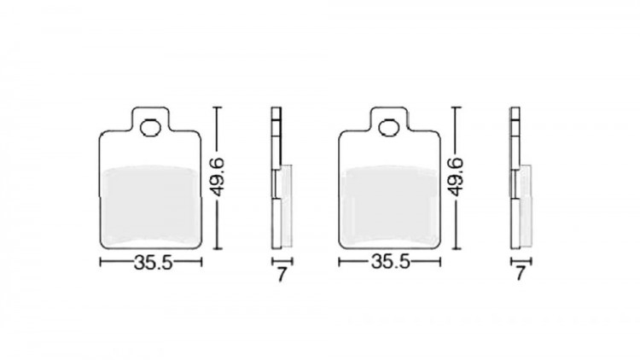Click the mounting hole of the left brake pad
coord(150,128)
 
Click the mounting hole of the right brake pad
coord(389,128)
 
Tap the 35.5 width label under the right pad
coord(390,262)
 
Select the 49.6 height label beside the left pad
coord(218,177)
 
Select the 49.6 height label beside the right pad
coord(457,177)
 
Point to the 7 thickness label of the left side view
coord(282,275)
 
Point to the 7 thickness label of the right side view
coord(520,274)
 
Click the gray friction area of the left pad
coord(150,206)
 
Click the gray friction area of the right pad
coord(389,206)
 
